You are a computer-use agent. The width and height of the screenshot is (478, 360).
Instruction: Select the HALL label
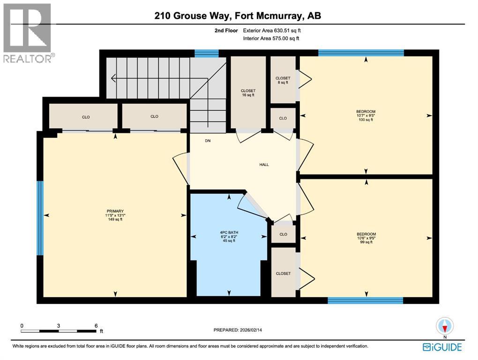(x=264, y=165)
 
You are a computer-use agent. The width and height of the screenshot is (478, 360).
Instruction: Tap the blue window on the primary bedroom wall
(x=40, y=218)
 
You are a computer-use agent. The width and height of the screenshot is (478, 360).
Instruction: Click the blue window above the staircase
(x=206, y=53)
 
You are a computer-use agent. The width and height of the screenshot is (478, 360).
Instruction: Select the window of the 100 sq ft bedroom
(x=361, y=52)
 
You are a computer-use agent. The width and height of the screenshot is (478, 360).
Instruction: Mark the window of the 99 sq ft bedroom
(x=365, y=300)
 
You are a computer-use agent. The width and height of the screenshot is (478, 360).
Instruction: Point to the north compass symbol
(x=445, y=327)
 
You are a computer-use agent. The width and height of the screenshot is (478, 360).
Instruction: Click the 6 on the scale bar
(x=95, y=326)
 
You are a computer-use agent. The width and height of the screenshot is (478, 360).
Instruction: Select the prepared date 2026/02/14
(x=239, y=330)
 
